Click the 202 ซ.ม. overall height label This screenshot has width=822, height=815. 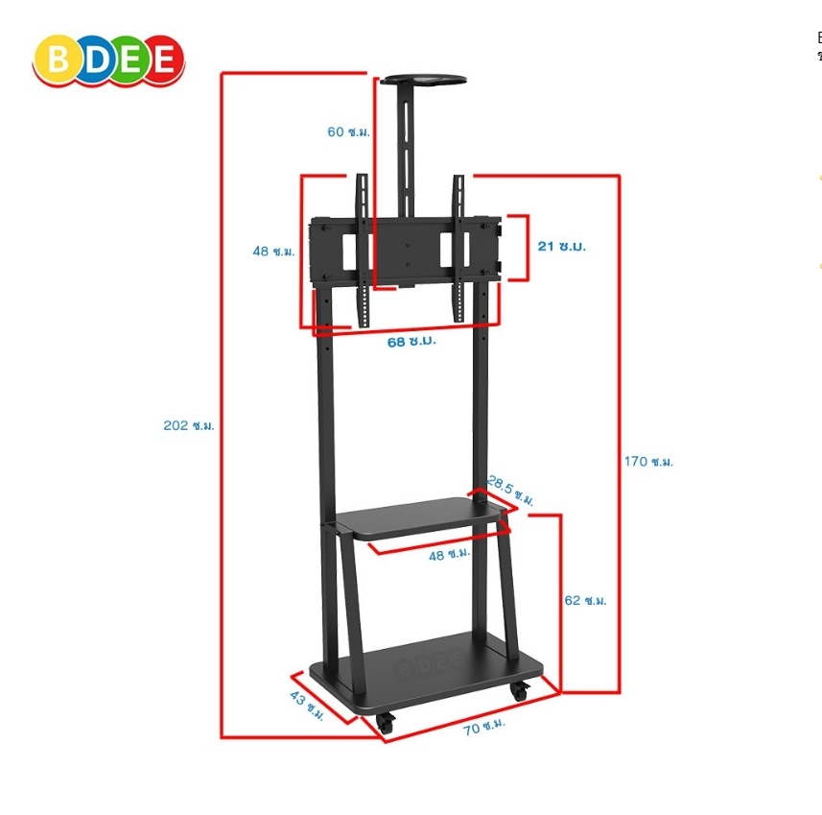[x=188, y=425]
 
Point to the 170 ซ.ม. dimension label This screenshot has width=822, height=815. [x=648, y=462]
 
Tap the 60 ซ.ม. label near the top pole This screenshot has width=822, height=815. [x=347, y=132]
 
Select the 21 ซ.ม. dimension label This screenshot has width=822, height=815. [x=561, y=247]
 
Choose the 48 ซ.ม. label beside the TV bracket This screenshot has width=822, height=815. [x=273, y=252]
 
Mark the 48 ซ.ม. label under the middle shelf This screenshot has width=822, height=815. [x=449, y=554]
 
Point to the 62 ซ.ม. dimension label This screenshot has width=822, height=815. [x=585, y=601]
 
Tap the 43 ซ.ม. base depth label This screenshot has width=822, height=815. [x=307, y=706]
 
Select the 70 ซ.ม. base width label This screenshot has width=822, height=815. [x=484, y=728]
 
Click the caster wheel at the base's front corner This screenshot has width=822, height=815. [x=385, y=724]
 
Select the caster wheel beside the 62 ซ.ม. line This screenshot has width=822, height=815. [x=519, y=689]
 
